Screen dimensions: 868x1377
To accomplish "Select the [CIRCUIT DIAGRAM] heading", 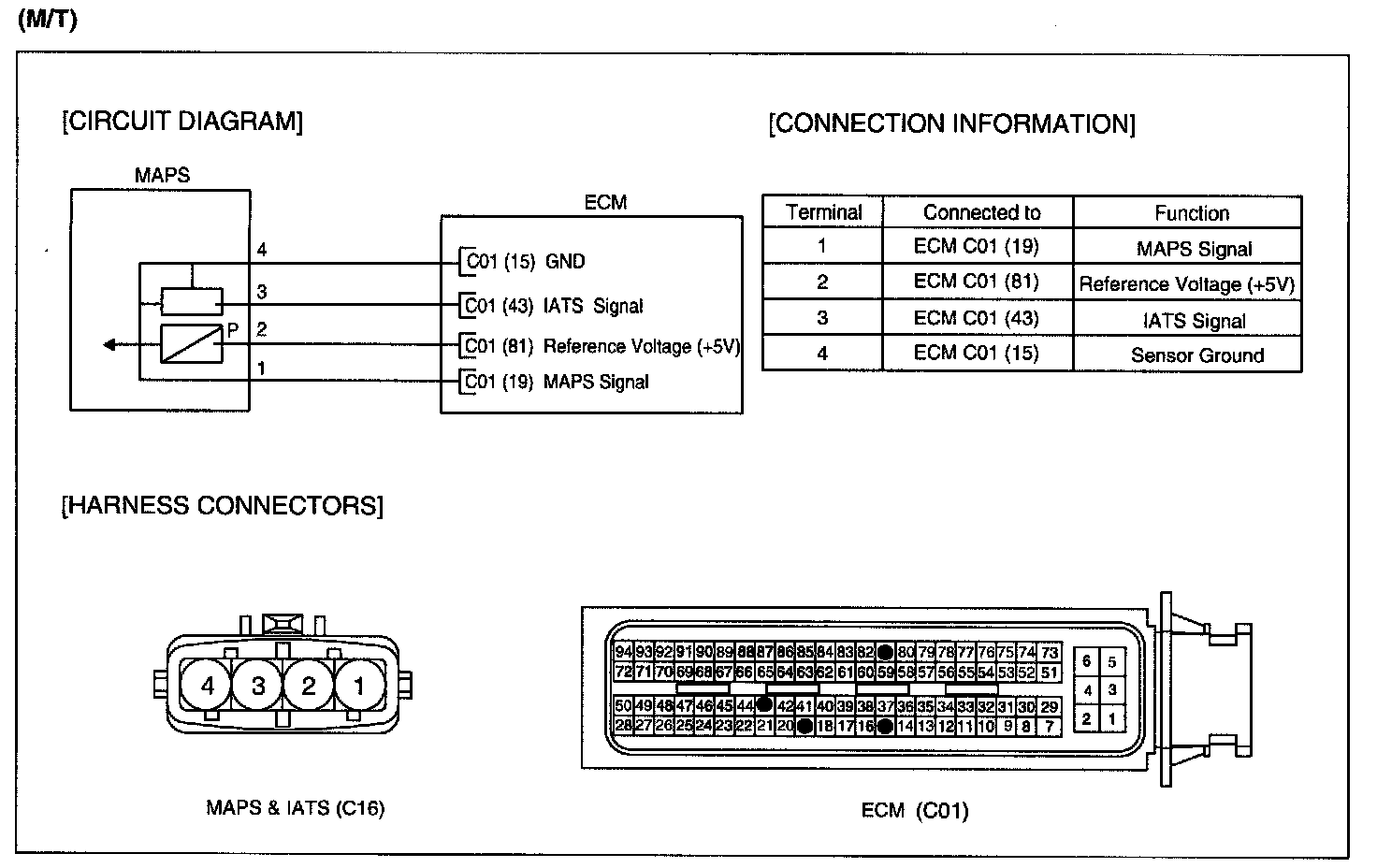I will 182,122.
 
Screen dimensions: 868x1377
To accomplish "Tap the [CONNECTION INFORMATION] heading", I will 951,124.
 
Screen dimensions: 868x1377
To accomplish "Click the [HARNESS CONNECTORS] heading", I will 222,506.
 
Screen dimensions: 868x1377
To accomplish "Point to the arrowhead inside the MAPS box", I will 109,345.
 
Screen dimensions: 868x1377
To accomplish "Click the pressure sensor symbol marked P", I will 192,343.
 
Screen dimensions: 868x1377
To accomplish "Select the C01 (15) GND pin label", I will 525,262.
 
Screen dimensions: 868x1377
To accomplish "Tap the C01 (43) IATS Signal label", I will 554,306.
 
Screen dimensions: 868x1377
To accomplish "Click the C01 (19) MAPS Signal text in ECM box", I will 557,382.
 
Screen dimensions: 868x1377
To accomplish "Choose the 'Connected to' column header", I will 981,212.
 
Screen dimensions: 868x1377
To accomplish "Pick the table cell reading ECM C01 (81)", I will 976,282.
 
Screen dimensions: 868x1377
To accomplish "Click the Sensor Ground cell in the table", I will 1196,355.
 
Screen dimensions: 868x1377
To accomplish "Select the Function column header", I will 1191,213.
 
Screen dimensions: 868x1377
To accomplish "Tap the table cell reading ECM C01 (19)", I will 976,247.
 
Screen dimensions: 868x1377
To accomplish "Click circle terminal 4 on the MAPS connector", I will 208,687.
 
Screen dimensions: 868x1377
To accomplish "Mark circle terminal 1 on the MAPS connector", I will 359,687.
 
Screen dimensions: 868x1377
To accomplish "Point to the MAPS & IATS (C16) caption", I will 295,808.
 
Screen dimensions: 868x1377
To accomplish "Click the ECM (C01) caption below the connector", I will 914,810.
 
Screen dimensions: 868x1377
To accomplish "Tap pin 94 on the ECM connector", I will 623,652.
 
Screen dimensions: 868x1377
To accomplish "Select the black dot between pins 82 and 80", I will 885,652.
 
